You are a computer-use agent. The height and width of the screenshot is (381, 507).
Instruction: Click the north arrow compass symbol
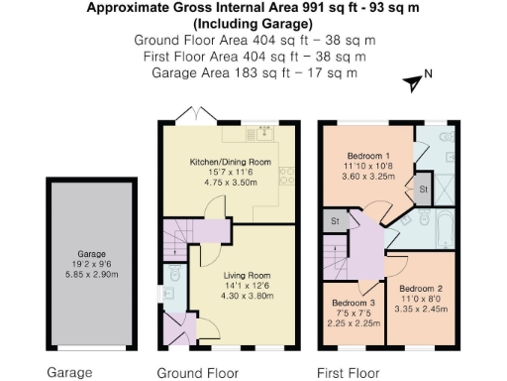(x=413, y=82)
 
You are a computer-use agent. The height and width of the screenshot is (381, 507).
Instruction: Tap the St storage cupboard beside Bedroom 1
(x=422, y=189)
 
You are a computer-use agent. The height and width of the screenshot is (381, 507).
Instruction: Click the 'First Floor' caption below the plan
(x=349, y=373)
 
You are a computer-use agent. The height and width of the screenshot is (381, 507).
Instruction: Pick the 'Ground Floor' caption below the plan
(x=198, y=373)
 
